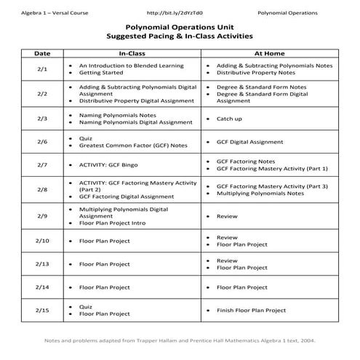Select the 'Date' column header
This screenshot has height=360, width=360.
pyautogui.click(x=42, y=54)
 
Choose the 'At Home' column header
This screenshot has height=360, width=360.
pyautogui.click(x=268, y=54)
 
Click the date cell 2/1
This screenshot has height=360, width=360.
pyautogui.click(x=42, y=69)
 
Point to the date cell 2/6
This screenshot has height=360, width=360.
pyautogui.click(x=42, y=141)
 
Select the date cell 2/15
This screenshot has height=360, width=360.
pyautogui.click(x=42, y=310)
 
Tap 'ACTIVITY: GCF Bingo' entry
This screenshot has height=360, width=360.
pyautogui.click(x=109, y=165)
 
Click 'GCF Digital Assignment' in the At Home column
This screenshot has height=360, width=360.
pyautogui.click(x=250, y=142)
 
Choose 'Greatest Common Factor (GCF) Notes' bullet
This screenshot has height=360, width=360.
pyautogui.click(x=133, y=145)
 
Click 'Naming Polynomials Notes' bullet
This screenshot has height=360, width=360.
pyautogui.click(x=117, y=114)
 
